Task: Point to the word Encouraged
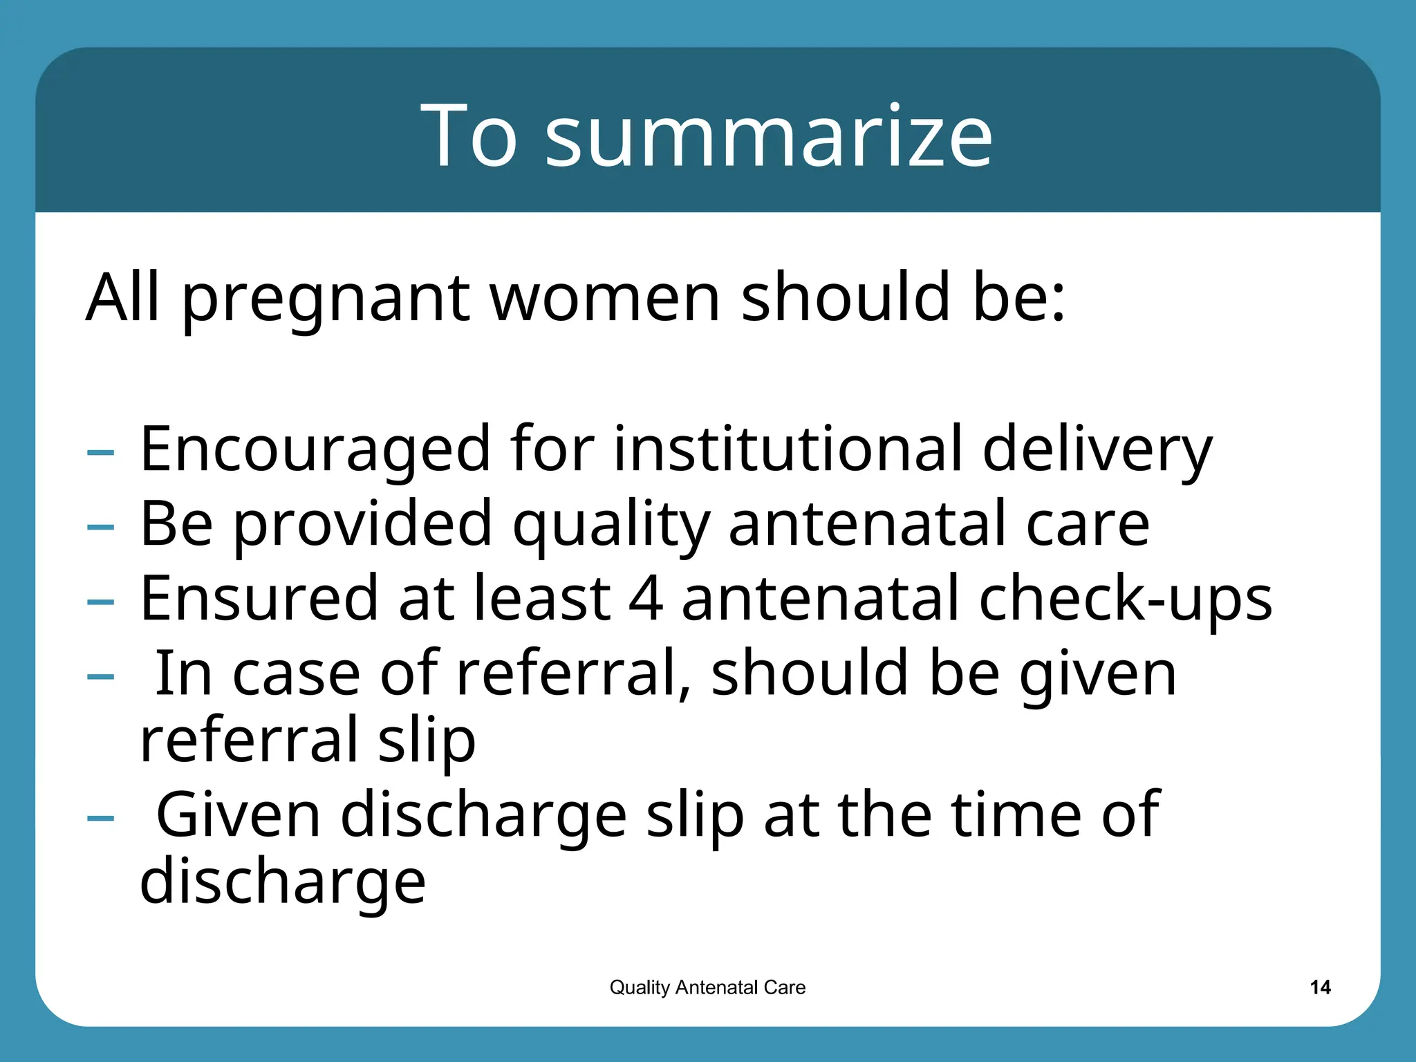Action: pos(315,449)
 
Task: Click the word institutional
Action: pos(788,449)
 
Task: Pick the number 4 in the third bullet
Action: pos(646,598)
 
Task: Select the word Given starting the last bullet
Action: pos(239,816)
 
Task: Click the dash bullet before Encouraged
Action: pos(101,453)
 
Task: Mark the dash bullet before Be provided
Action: pos(101,528)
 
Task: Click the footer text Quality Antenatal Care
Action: pos(707,987)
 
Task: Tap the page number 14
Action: pos(1320,987)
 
